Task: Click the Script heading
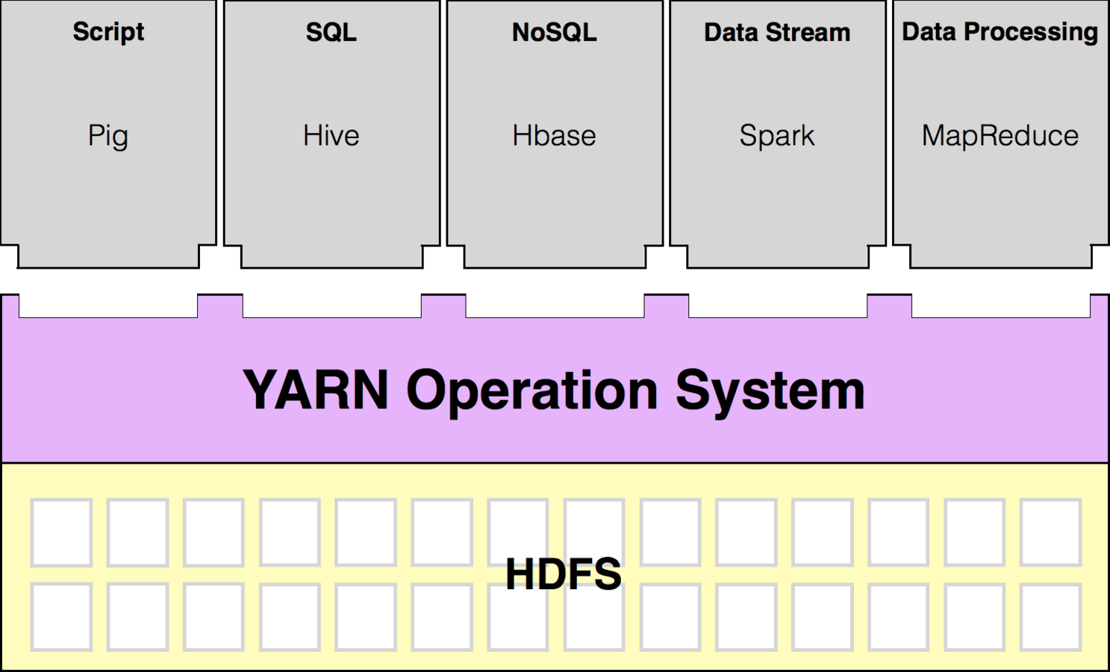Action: (x=108, y=32)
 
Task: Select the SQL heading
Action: (x=331, y=32)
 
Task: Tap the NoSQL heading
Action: (x=554, y=32)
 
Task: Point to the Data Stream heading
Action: (x=777, y=32)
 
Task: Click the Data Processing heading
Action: (x=1000, y=32)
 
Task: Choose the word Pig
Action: (x=108, y=136)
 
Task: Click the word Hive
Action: (x=331, y=136)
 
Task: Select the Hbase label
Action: (x=554, y=136)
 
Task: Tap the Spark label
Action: (x=777, y=136)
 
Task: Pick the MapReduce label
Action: (x=1000, y=136)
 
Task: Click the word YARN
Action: (x=316, y=390)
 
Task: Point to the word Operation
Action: (x=531, y=391)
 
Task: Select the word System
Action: (x=770, y=391)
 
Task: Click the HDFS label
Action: (x=564, y=574)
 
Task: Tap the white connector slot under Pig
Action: (x=108, y=305)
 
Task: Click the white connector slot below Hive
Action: (x=331, y=305)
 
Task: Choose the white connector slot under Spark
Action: (x=778, y=305)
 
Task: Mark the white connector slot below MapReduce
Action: (x=1000, y=305)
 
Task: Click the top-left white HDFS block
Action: (x=61, y=532)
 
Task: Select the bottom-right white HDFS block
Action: (x=1050, y=617)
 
